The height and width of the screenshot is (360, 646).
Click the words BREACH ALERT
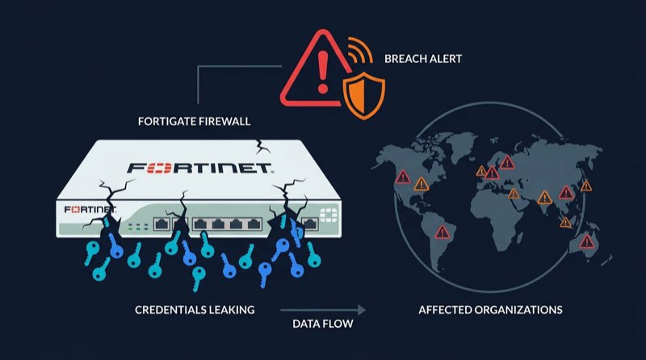423,59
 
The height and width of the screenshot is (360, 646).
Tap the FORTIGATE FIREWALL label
194,122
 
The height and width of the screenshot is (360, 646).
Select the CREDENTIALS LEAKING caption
195,310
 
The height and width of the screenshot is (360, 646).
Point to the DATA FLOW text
322,324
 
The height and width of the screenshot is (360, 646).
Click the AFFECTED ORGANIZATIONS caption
490,310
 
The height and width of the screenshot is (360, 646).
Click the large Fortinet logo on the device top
199,168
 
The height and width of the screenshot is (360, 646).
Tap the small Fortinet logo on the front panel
90,210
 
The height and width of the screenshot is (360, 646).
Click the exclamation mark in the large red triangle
323,72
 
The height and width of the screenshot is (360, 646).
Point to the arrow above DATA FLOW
323,310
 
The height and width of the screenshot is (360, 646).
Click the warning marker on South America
442,232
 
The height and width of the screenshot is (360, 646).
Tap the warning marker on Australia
587,241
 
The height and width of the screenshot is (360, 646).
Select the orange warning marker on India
544,198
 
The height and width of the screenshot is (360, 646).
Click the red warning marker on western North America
403,177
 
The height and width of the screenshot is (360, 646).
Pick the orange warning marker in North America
421,184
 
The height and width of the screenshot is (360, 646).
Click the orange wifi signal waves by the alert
360,49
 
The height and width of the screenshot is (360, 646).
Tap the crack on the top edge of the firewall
260,147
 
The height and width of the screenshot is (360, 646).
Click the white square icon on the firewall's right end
329,215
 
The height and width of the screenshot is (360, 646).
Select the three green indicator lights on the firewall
138,226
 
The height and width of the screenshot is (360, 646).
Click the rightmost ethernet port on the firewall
310,224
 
